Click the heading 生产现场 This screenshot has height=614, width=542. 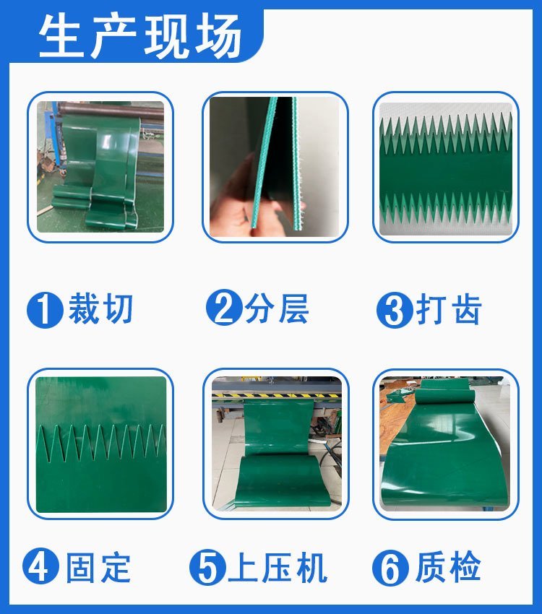[139, 35]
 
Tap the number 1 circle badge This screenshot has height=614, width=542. [45, 310]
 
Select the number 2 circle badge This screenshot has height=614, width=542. [224, 307]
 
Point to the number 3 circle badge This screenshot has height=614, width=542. [395, 310]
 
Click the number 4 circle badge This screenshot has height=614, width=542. [40, 566]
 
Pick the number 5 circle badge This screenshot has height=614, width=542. [207, 567]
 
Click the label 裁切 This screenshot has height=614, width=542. [100, 308]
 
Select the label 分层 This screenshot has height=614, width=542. [277, 308]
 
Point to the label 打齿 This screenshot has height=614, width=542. [449, 309]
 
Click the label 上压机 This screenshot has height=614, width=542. [278, 568]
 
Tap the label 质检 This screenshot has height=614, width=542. [448, 566]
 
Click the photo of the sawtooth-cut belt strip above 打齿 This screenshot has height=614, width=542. [446, 169]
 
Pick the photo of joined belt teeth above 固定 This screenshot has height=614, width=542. [101, 444]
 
